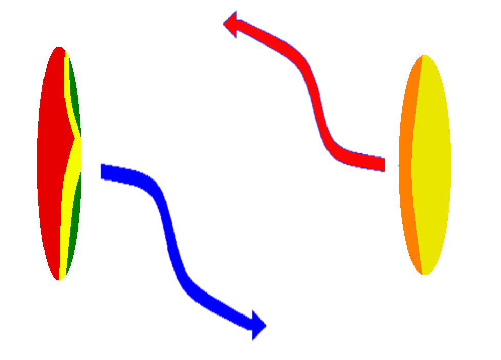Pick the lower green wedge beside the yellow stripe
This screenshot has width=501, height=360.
pos(75,240)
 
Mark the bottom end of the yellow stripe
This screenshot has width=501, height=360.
pos(62,283)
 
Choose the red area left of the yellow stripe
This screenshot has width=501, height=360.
pos(51,169)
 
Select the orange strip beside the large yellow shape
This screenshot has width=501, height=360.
pos(406,169)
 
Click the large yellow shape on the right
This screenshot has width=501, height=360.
pos(455,169)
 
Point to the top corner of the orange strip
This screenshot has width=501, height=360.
pos(421,58)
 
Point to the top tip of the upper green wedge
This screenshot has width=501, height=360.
pos(69,59)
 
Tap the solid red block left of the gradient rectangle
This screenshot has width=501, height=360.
pos(138,92)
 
